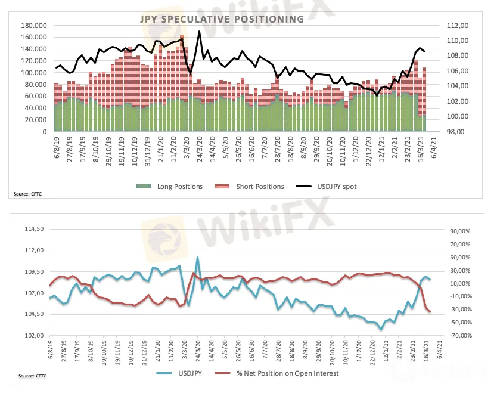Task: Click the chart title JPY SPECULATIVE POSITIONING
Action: click(221, 20)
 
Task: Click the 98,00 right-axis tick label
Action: click(451, 131)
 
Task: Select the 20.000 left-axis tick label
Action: click(37, 119)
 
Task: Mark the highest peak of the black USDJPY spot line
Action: click(199, 31)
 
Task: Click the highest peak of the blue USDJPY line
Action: click(198, 258)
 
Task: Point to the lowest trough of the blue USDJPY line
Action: click(381, 329)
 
